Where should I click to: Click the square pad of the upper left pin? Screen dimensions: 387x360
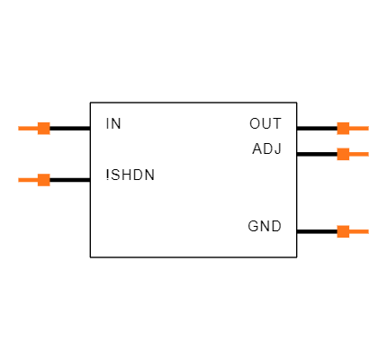coord(43,128)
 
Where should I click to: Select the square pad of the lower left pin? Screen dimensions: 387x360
coord(43,180)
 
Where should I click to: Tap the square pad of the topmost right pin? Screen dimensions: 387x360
coord(343,128)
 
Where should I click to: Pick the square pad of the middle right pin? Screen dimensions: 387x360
coord(343,154)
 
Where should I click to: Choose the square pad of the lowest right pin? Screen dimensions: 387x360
coord(343,231)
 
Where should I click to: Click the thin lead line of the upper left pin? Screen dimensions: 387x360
coord(28,128)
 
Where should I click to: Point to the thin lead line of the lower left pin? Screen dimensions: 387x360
coord(28,180)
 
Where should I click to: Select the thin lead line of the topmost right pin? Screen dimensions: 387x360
coord(359,128)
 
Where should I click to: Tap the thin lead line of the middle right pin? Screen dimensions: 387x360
coord(359,154)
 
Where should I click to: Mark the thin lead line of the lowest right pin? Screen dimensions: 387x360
coord(359,231)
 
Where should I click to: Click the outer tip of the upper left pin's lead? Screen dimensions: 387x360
coord(19,128)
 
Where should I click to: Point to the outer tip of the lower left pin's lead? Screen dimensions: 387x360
coord(19,180)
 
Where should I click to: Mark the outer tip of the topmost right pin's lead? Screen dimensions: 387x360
coord(368,128)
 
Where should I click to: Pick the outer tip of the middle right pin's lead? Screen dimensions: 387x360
coord(368,154)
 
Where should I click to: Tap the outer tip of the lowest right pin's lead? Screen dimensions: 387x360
coord(368,231)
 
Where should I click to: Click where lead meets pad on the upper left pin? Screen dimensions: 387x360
coord(37,128)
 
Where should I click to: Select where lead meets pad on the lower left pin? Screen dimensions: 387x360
coord(37,180)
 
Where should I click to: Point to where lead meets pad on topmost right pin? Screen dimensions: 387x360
coord(350,128)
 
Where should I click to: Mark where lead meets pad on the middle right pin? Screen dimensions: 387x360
coord(350,154)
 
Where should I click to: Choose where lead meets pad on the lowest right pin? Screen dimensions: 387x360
coord(350,231)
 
